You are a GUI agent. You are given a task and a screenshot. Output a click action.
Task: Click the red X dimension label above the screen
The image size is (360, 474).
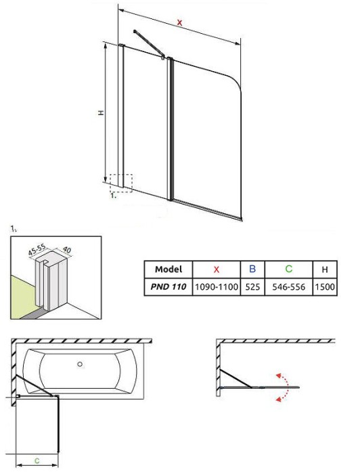click(x=180, y=22)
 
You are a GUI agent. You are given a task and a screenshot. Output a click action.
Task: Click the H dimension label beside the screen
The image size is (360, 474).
click(x=102, y=112)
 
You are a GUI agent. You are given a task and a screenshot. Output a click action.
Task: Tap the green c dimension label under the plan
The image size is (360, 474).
click(x=37, y=460)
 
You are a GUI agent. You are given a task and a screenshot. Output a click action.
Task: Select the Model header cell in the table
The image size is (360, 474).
click(x=168, y=269)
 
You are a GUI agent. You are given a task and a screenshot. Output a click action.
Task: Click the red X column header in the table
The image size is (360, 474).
click(x=217, y=269)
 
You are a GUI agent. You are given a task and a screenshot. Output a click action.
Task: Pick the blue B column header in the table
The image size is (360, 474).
click(x=252, y=269)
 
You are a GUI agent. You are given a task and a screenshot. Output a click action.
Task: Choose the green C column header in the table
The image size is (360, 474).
click(x=289, y=269)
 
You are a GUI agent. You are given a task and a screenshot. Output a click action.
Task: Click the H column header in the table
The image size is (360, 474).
click(x=325, y=270)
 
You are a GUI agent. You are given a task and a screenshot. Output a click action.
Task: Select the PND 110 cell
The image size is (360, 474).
click(x=168, y=286)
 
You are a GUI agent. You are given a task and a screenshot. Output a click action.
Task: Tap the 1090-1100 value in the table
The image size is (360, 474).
click(x=217, y=286)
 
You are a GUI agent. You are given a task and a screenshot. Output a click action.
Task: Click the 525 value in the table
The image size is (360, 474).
click(x=252, y=286)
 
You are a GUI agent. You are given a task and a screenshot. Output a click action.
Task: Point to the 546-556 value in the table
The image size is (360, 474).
click(x=289, y=286)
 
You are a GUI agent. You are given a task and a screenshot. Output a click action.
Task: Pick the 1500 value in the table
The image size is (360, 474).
click(x=325, y=286)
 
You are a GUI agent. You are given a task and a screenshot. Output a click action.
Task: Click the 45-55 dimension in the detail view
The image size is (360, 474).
click(x=37, y=250)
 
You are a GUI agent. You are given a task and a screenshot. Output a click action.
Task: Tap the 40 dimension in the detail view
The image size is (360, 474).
click(x=66, y=249)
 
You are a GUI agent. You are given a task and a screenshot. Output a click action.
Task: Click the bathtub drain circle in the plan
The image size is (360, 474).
click(x=80, y=364)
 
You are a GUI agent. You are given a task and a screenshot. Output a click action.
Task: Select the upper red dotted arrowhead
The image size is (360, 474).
click(x=278, y=376)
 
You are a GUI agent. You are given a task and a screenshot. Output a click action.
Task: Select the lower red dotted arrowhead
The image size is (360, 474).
click(x=278, y=400)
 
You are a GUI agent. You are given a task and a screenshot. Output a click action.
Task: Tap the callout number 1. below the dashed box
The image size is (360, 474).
click(x=114, y=196)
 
